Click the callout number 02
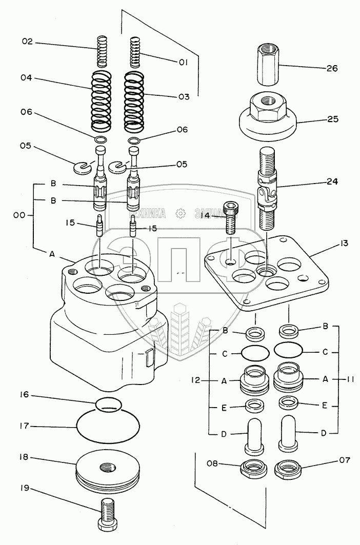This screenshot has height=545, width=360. tap(27, 42)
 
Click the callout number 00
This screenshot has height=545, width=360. tap(18, 216)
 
